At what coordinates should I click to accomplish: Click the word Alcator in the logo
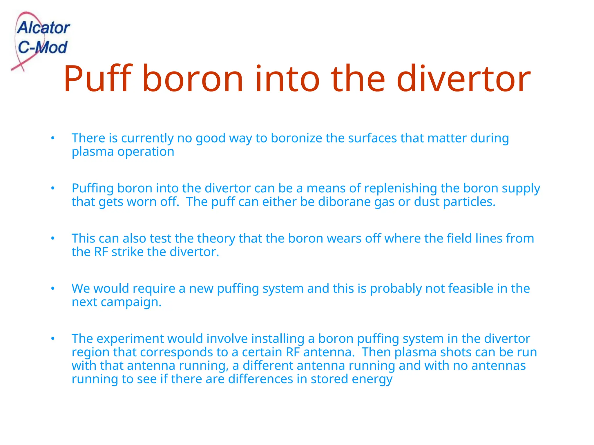[43, 28]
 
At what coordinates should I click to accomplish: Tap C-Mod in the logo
[42, 47]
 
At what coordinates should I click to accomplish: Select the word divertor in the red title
[463, 79]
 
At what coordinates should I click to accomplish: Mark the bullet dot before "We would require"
[53, 289]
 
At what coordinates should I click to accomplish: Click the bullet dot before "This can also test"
[53, 238]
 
